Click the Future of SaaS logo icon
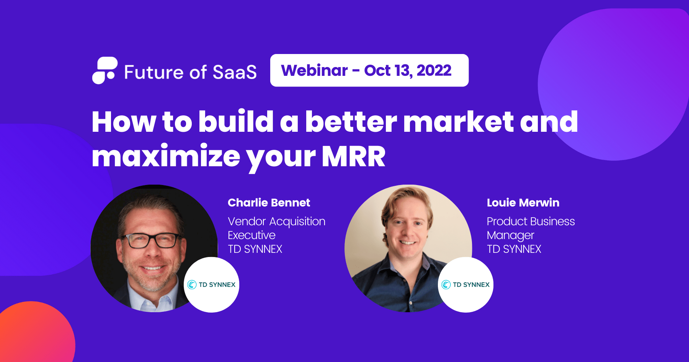(x=104, y=70)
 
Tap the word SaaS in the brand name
(x=235, y=72)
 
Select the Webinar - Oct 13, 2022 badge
(x=369, y=70)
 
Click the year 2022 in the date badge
(x=434, y=70)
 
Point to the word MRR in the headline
(x=353, y=156)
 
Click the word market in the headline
(x=458, y=122)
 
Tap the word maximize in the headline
(x=166, y=156)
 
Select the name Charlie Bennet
(x=269, y=203)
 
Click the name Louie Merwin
(x=523, y=203)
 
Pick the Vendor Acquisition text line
(x=276, y=221)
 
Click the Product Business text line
(x=531, y=221)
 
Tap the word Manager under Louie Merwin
(x=510, y=235)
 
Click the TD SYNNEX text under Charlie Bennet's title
(x=255, y=249)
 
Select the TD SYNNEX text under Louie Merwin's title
(x=514, y=249)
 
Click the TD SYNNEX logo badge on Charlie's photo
(x=212, y=285)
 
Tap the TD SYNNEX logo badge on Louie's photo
(x=465, y=285)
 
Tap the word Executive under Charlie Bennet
(x=251, y=235)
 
